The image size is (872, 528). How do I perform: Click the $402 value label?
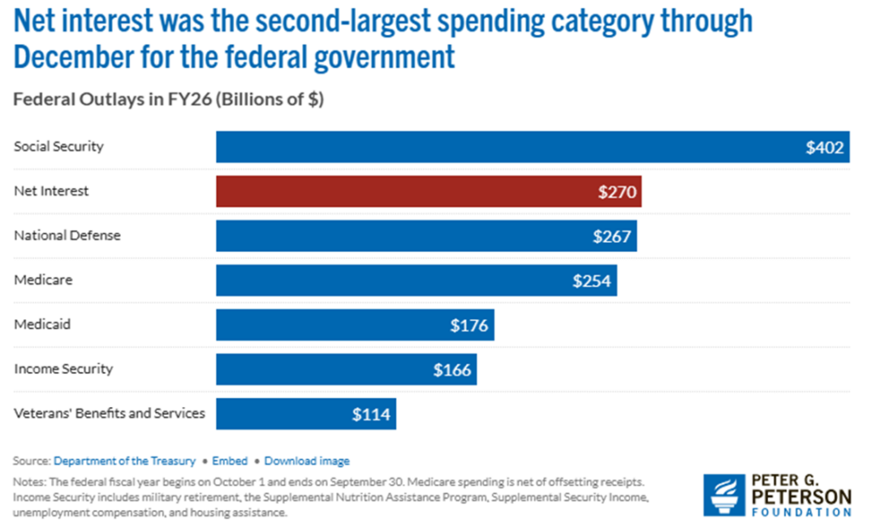coord(824,147)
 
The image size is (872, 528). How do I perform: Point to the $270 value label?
coord(617,192)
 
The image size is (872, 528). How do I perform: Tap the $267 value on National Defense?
coord(612,237)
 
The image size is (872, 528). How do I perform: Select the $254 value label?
coord(592,281)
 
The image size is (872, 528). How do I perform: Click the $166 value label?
coord(451,370)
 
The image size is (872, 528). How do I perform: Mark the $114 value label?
coord(371,415)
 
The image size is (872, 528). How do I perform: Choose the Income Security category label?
coord(63,369)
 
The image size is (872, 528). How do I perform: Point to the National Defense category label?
coord(67,235)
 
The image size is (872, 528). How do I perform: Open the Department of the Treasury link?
coord(124,461)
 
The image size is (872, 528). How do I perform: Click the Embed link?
coord(230,461)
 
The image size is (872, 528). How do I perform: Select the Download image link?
coord(307,461)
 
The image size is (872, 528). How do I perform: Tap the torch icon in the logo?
coord(722,495)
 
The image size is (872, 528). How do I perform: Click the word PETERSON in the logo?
coord(800,496)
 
